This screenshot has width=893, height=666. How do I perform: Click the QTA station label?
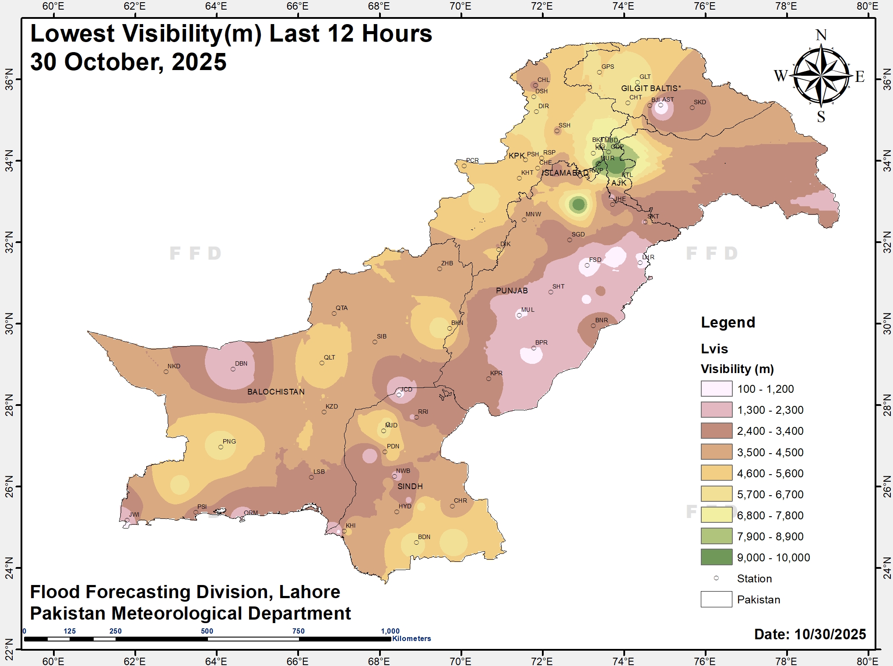341,308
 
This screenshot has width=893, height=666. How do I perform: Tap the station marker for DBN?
233,369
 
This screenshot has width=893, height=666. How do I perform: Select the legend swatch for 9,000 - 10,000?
716,557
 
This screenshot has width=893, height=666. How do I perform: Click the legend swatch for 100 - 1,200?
716,388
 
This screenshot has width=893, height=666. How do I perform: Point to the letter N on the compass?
821,35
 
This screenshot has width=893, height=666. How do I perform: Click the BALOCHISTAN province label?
276,392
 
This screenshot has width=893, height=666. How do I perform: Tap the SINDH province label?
410,486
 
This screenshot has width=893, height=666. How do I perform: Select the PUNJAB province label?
512,291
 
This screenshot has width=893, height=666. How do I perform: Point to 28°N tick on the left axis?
9,405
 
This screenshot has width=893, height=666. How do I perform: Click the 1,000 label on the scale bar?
390,631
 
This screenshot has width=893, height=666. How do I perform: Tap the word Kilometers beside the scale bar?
411,638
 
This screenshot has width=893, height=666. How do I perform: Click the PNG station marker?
221,447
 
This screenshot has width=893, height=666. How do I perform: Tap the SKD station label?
700,102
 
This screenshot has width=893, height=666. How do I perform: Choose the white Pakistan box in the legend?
716,599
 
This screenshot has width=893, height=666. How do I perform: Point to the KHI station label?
351,525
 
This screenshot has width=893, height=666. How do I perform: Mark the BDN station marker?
416,543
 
